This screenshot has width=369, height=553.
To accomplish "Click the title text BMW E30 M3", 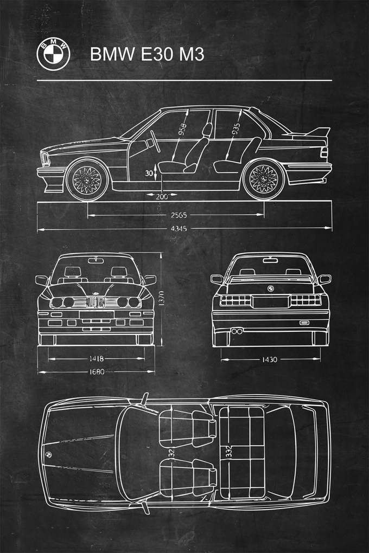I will point(147,55).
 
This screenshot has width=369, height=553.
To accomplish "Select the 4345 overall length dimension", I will point(178,229).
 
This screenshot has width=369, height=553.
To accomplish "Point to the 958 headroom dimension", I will point(183,130).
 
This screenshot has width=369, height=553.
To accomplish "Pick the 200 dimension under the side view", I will point(161,196).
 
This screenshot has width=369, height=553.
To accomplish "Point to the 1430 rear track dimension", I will point(270,359).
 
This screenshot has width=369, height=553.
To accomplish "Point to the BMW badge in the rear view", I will point(270,288).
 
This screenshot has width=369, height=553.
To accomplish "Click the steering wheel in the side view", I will point(154,142).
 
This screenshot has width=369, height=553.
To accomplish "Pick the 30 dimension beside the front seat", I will point(148,173).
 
